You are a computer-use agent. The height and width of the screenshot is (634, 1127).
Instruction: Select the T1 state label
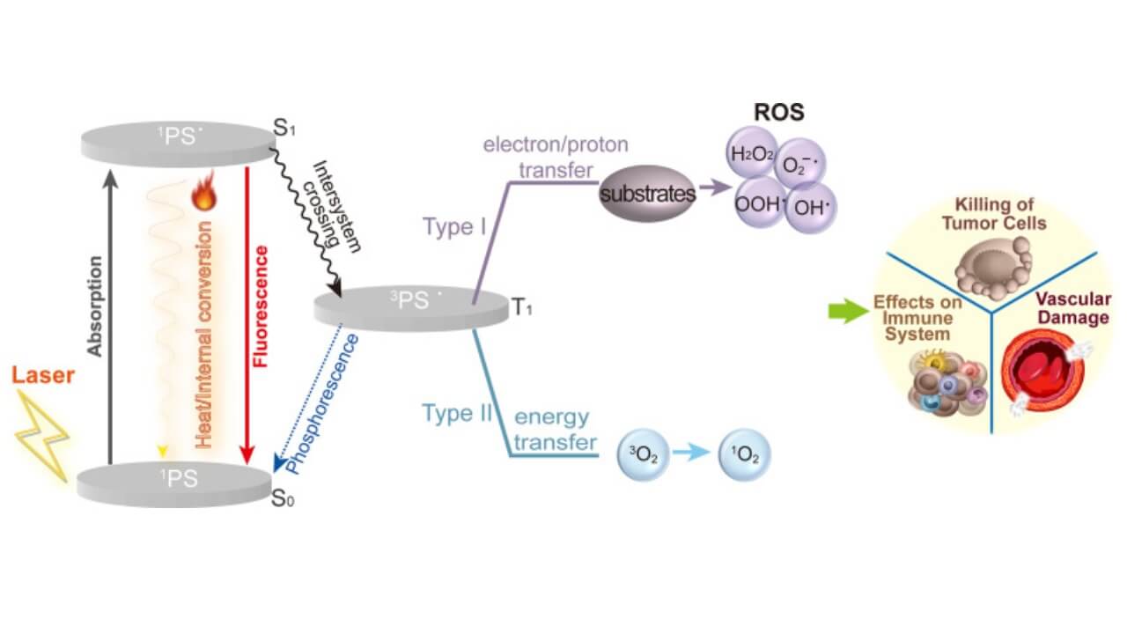click(x=523, y=308)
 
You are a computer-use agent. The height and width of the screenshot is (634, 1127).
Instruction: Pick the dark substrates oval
click(x=647, y=194)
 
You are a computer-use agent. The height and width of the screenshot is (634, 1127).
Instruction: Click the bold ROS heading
click(x=778, y=113)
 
